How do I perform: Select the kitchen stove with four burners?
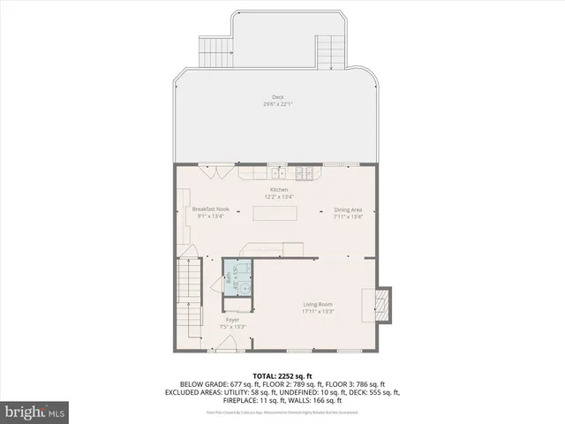[x=305, y=172]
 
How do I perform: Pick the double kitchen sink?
[x=276, y=172]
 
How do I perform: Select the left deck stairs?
[x=215, y=53]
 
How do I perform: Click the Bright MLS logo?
[x=35, y=412]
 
